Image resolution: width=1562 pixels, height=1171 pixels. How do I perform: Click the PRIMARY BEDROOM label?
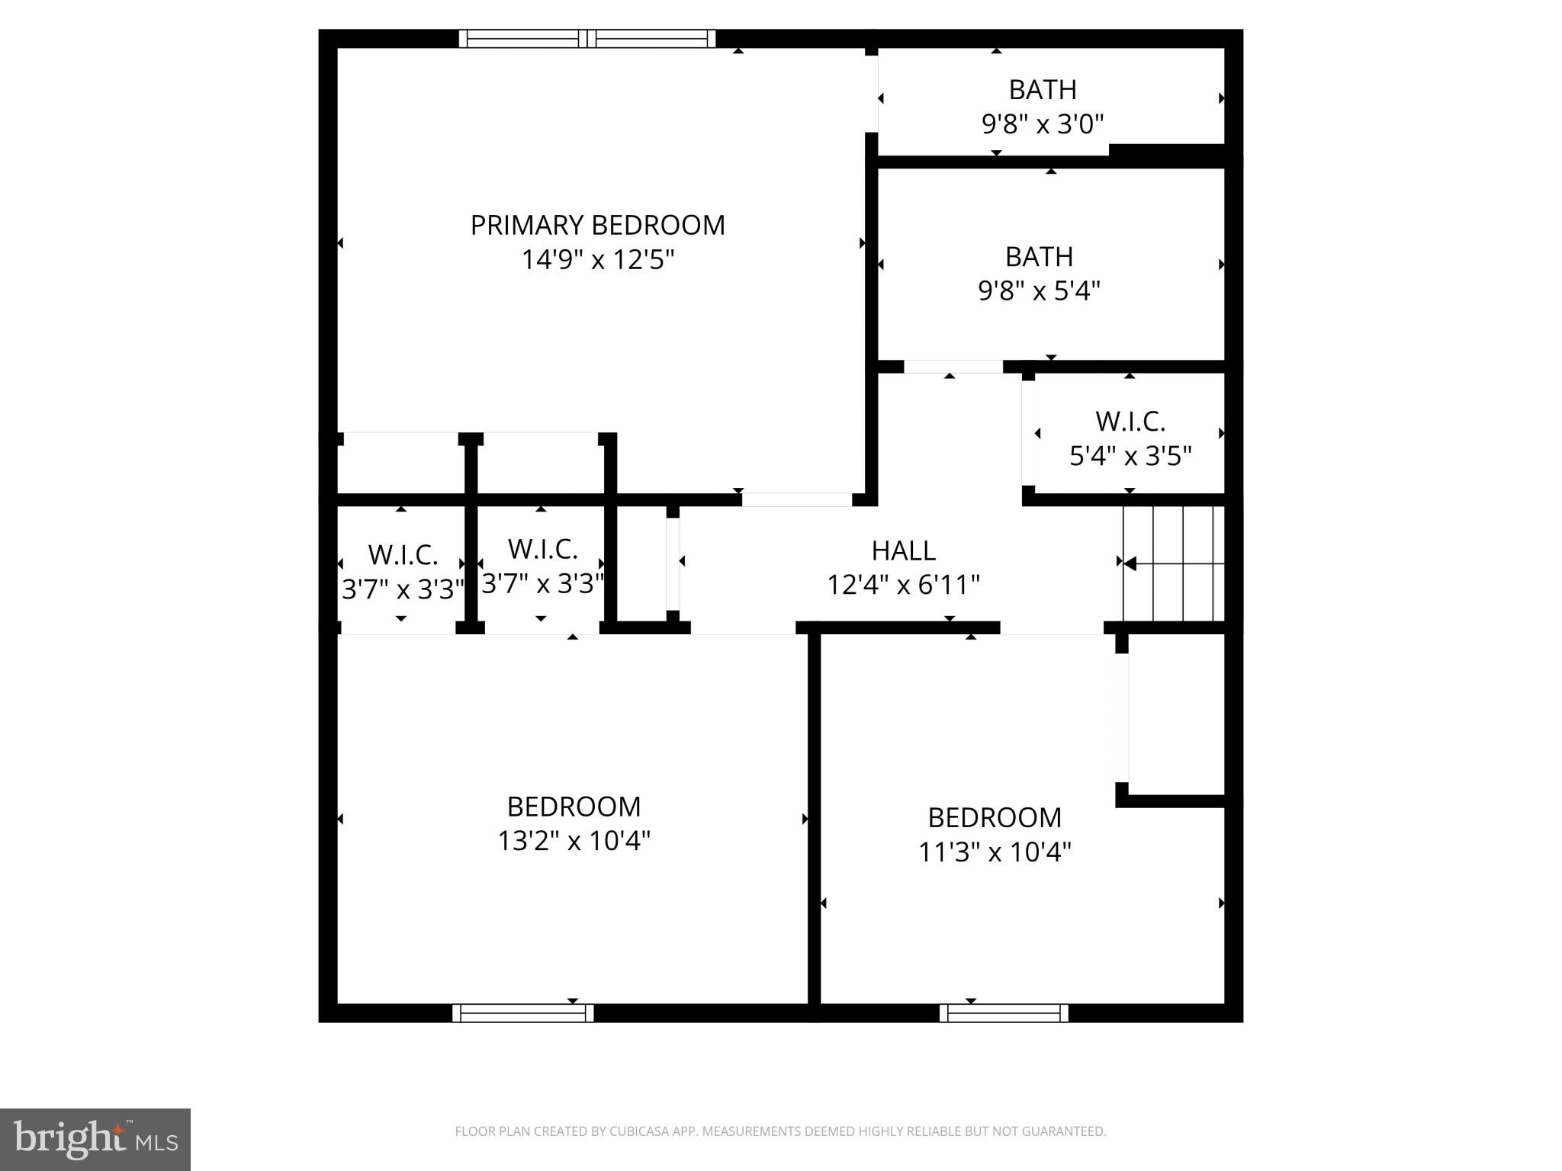coord(597,226)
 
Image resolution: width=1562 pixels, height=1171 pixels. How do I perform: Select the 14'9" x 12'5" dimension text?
coord(598,260)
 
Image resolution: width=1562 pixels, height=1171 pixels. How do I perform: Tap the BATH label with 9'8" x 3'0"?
coord(1042,90)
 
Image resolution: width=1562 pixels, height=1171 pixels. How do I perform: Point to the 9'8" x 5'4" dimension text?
coord(1039,290)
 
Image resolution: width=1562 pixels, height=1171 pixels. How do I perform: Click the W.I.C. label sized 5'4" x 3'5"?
coord(1130,422)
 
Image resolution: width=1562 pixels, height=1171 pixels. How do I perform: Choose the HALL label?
coord(903,550)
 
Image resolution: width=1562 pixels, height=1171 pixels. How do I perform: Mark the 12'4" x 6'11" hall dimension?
coord(903,585)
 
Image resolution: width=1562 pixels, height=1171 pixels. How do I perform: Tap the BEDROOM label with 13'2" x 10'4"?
coord(574,807)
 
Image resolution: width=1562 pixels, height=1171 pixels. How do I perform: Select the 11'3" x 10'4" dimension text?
coord(995,852)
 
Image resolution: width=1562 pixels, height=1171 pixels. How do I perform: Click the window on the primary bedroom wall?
coord(587,39)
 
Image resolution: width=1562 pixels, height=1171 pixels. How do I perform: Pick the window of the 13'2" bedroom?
coord(522,1012)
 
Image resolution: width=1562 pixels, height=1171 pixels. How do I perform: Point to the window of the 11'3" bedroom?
coord(1004,1012)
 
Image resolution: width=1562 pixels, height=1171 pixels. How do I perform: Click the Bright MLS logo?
coord(95,1139)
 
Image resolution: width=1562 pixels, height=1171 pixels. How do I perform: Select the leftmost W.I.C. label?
coord(403,555)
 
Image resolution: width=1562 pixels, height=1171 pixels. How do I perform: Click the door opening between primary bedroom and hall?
coord(796,500)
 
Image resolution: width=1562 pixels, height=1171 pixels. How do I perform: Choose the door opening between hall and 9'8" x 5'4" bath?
coord(953,367)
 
